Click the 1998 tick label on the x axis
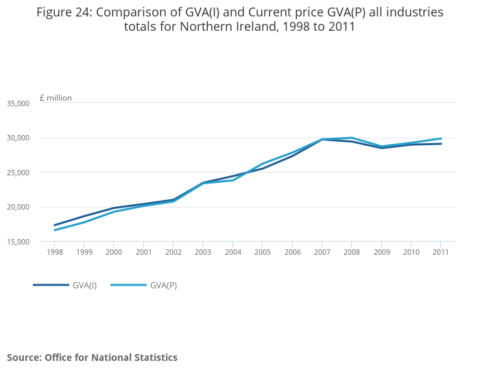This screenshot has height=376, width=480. [54, 252]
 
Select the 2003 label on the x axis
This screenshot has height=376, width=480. [203, 252]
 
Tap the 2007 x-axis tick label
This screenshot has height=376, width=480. [322, 252]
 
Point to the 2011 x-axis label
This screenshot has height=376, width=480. [441, 252]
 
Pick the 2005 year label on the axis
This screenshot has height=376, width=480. [263, 252]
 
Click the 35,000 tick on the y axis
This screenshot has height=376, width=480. [18, 103]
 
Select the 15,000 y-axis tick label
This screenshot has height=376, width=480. [18, 242]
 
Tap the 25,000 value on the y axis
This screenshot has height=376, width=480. [18, 173]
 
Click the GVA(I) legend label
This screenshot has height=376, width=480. [84, 285]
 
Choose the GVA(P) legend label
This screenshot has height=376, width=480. [163, 285]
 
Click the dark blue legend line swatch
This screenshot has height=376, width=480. [51, 285]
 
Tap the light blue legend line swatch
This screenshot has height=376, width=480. [128, 285]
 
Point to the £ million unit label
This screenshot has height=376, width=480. [56, 98]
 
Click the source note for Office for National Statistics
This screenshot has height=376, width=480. [92, 358]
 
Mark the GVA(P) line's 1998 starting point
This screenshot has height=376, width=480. [54, 230]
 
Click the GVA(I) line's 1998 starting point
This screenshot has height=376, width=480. [54, 225]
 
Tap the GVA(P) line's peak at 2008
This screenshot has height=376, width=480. [352, 138]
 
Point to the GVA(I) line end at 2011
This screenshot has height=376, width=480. [441, 144]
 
